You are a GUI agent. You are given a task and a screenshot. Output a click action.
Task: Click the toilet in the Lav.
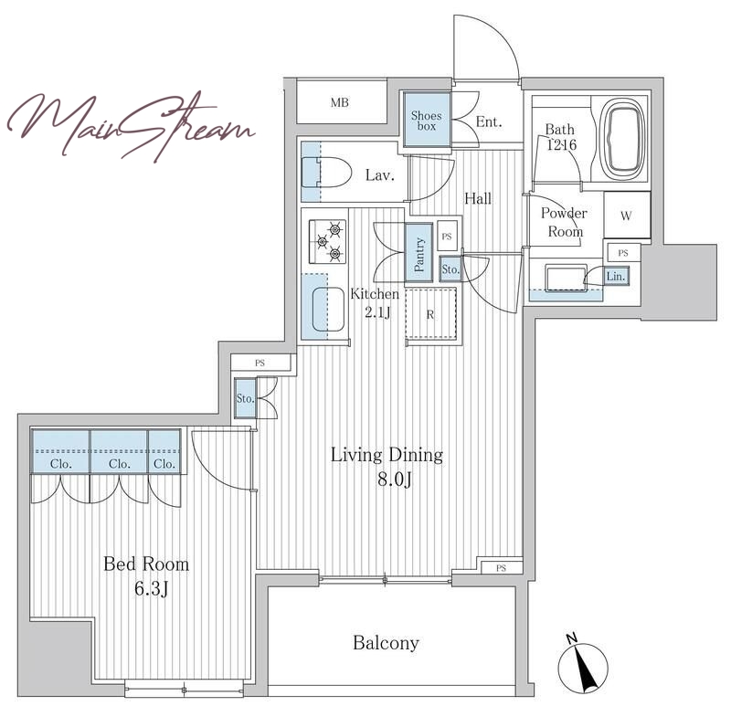tap(326, 172)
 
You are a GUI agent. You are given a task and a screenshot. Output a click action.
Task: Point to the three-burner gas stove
tap(328, 241)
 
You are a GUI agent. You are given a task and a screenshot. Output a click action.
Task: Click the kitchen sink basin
tap(328, 310)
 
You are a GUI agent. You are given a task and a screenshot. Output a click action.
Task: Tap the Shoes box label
tap(427, 121)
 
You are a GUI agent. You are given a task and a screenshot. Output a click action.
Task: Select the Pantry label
tap(419, 254)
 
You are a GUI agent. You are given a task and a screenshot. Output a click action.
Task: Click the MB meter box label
tap(339, 102)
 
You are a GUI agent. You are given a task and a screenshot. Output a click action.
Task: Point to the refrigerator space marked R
tap(430, 313)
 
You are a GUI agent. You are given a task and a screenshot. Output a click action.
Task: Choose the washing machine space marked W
tap(627, 215)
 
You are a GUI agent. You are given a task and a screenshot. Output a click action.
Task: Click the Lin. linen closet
tap(616, 276)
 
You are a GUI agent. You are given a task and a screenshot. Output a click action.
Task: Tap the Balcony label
tap(386, 643)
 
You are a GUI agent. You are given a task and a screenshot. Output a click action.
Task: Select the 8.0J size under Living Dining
tap(395, 479)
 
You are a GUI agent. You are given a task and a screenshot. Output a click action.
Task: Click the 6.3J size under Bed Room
tap(151, 589)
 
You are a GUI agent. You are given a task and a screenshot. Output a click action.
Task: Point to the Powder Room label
tap(564, 222)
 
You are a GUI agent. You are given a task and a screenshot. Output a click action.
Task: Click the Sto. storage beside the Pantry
tap(450, 269)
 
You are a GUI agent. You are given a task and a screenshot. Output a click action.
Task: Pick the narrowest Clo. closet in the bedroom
tap(164, 452)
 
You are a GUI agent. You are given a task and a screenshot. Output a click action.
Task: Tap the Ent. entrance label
tap(489, 122)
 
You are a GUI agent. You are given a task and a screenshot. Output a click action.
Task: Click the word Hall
tap(478, 199)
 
